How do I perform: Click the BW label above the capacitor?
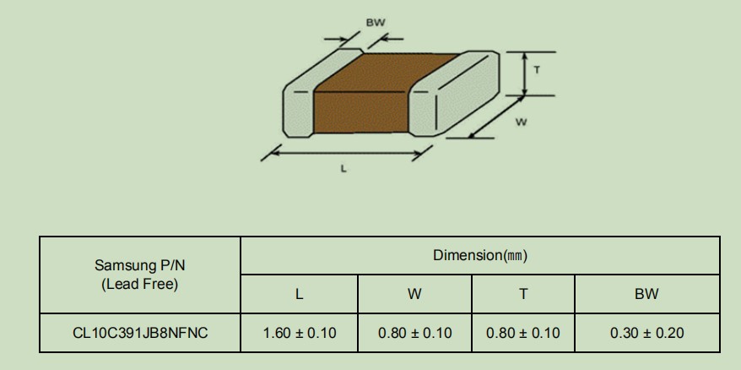(376, 22)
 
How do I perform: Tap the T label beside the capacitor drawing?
(537, 70)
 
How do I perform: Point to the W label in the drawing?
(521, 122)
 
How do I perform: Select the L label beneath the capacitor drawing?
(343, 168)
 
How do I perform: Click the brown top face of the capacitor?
(385, 72)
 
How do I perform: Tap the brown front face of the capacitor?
(360, 112)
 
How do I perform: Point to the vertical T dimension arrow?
(524, 73)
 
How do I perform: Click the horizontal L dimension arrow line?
(346, 153)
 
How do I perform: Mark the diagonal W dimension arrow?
(496, 117)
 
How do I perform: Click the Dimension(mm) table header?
(479, 255)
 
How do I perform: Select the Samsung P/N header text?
(139, 265)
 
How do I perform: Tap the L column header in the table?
(299, 294)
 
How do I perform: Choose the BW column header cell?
(647, 294)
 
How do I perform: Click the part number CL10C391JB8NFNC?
(140, 333)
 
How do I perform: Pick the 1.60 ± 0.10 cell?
(299, 333)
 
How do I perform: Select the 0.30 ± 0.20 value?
(647, 333)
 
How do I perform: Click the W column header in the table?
(414, 294)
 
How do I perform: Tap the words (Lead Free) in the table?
(139, 285)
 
